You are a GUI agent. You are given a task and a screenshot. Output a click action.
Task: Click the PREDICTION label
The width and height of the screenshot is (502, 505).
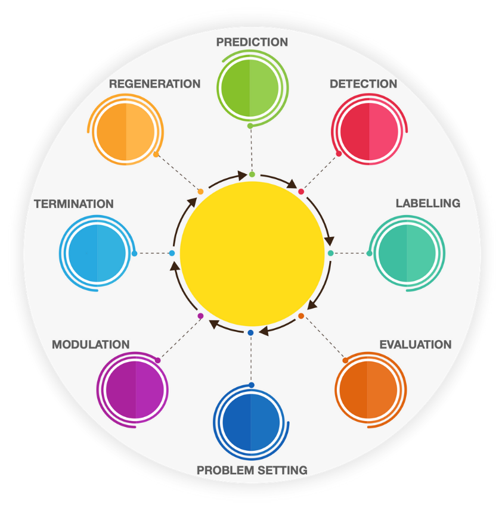click(x=252, y=42)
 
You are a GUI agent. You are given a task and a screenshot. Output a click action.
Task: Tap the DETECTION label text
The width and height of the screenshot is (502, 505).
click(x=363, y=84)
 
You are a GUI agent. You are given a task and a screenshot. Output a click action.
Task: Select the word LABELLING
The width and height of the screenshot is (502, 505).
click(x=427, y=204)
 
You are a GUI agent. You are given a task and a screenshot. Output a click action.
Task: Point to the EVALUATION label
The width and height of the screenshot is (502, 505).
click(x=415, y=345)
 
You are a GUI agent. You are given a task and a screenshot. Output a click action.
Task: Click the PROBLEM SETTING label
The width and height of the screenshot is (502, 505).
click(x=252, y=470)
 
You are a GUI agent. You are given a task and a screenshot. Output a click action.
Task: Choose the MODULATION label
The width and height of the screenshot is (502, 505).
click(x=91, y=345)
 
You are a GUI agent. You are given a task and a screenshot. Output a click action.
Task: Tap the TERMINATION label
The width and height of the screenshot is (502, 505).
click(x=74, y=204)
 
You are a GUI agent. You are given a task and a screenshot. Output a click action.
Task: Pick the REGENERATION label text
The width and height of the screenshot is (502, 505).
click(x=154, y=84)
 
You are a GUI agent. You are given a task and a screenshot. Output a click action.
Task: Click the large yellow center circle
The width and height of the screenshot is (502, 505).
click(x=252, y=254)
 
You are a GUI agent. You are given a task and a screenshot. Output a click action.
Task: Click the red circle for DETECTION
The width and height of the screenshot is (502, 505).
click(x=369, y=130)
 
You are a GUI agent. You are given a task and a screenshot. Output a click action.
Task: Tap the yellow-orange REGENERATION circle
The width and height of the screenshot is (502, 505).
click(x=126, y=132)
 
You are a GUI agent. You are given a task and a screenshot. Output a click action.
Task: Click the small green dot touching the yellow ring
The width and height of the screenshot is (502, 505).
click(x=252, y=174)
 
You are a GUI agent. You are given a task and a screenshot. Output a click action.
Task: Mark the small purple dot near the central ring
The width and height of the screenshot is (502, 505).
click(x=200, y=316)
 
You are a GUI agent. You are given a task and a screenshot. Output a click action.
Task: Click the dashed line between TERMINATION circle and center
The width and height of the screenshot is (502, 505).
click(x=153, y=254)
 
